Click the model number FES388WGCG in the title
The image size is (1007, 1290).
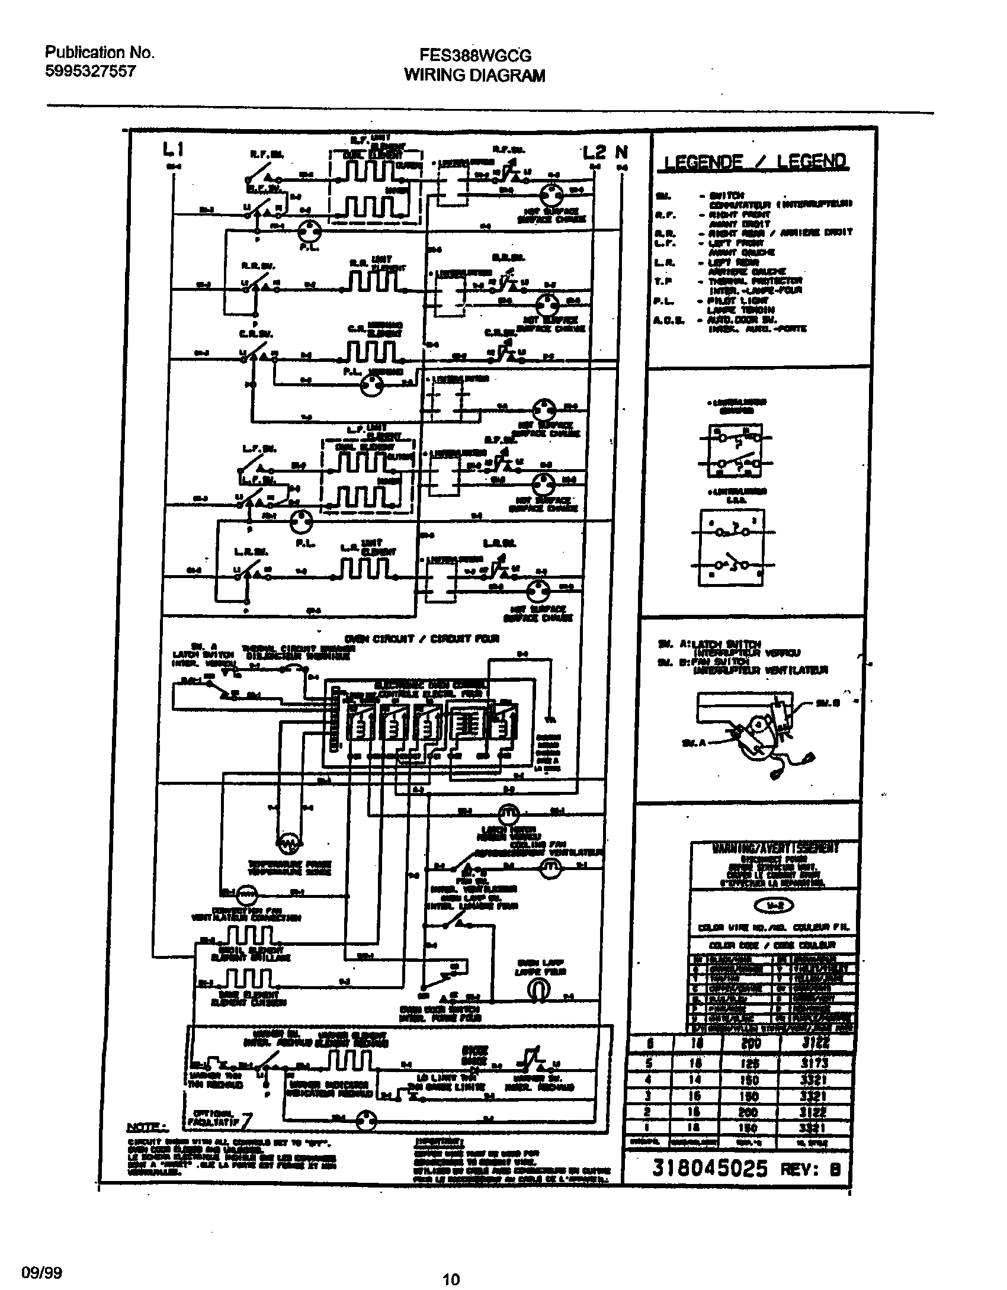pos(475,56)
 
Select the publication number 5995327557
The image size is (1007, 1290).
pos(91,72)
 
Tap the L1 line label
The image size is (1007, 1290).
pos(173,151)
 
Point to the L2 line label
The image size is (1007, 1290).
pos(594,152)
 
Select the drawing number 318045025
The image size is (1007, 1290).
pos(710,1168)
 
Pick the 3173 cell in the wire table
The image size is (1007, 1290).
pos(818,1063)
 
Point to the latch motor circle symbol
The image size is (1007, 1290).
pos(507,813)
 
